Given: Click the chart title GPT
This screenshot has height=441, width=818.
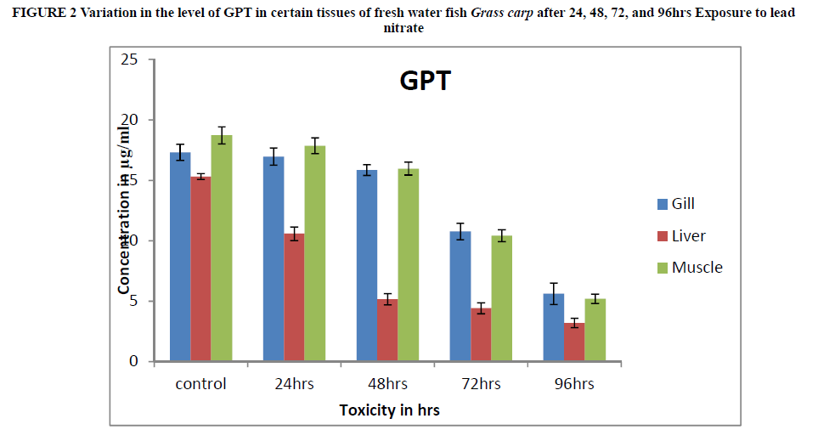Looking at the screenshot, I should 426,82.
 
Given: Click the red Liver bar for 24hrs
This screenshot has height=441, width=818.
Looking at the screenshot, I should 294,297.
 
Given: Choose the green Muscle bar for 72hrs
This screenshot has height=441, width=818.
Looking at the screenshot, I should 501,298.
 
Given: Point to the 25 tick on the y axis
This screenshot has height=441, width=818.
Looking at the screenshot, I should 129,59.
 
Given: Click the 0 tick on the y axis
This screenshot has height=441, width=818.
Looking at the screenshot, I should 133,362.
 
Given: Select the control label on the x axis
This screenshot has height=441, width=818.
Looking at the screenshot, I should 201,384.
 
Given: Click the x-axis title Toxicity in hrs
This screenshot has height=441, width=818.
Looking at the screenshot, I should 389,410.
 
